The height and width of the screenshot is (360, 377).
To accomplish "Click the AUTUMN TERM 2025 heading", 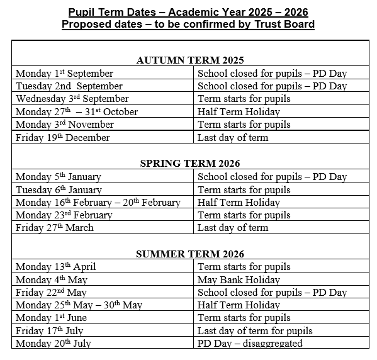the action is coord(189,60).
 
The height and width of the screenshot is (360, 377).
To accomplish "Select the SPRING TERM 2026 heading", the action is coord(189,164).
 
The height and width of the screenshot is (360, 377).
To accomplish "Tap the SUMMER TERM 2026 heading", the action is coord(189,254).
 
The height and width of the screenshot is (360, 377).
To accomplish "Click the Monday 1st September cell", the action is coord(65,74).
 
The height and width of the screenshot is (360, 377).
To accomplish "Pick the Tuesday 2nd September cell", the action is coord(69,86).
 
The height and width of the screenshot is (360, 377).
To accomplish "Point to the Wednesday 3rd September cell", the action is coord(72,99).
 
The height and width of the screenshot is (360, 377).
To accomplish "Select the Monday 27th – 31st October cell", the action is coord(77,111).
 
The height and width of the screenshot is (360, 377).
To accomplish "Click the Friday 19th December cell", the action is coord(63,138).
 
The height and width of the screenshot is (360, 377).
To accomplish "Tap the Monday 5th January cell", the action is coord(59,177).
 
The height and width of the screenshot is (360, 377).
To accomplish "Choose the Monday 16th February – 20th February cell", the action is coord(98,203).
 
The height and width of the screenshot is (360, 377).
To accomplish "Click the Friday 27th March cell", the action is coord(55,228).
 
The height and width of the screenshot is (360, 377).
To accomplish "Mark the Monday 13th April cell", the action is coord(56,267).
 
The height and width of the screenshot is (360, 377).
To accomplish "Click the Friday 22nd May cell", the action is coord(52,293).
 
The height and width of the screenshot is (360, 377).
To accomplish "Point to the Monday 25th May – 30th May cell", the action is coord(79,305).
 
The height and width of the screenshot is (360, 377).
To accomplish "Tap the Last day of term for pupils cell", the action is coord(255,330).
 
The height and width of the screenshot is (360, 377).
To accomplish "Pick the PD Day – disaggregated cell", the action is coord(250,344).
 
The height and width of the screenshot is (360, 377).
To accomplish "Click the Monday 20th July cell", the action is coord(53,344).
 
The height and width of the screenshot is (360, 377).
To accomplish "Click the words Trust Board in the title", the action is coord(281,25).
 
